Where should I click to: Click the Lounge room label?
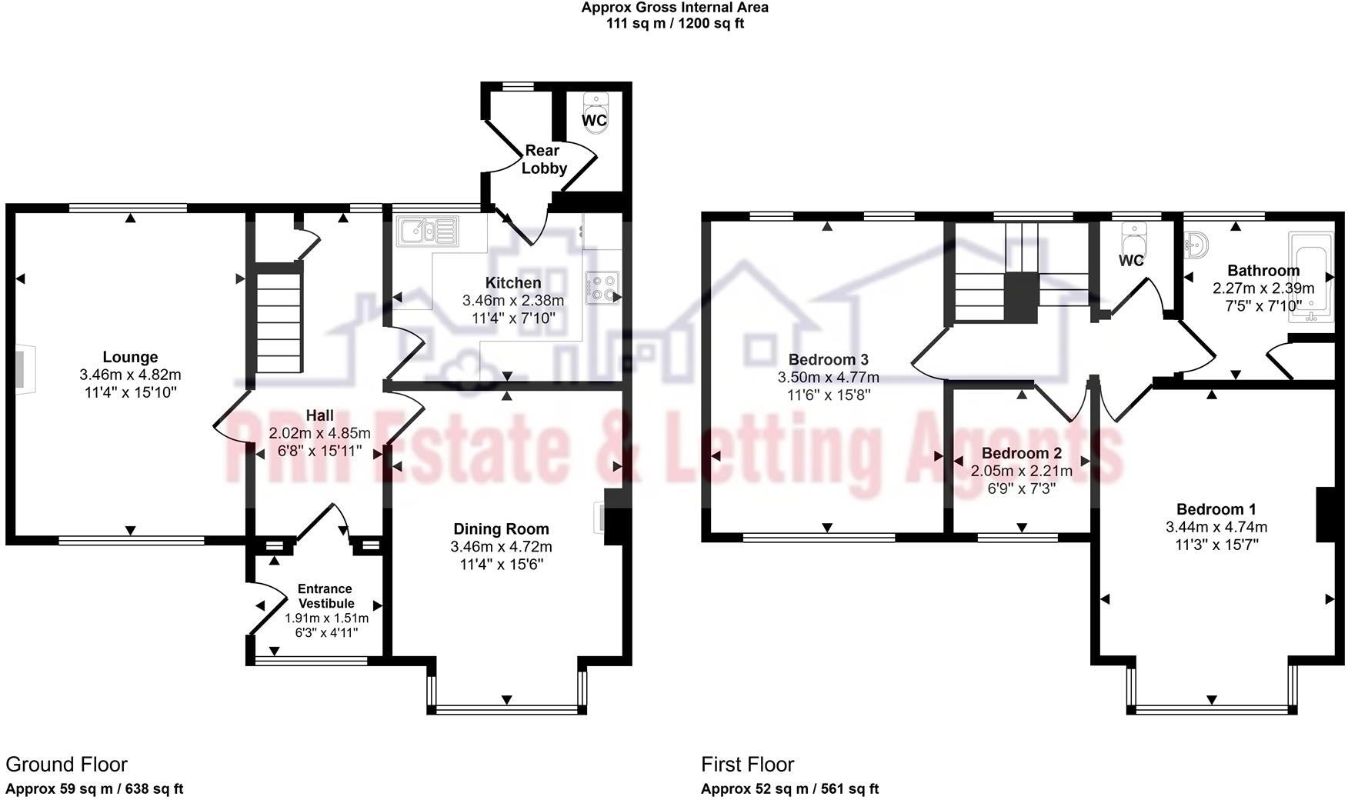[130, 357]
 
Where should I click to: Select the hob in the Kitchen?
[602, 288]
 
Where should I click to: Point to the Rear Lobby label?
[543, 159]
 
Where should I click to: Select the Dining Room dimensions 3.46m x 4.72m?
[501, 547]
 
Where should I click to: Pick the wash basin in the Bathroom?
[1196, 245]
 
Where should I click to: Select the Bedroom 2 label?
[1021, 453]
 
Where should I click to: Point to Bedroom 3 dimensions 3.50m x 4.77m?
[828, 378]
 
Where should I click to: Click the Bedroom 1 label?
[1216, 509]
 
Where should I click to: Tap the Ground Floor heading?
[66, 764]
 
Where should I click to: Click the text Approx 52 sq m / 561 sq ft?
[789, 788]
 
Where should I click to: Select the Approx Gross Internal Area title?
[674, 8]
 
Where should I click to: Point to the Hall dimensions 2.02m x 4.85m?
[319, 433]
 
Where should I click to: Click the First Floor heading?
[747, 764]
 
